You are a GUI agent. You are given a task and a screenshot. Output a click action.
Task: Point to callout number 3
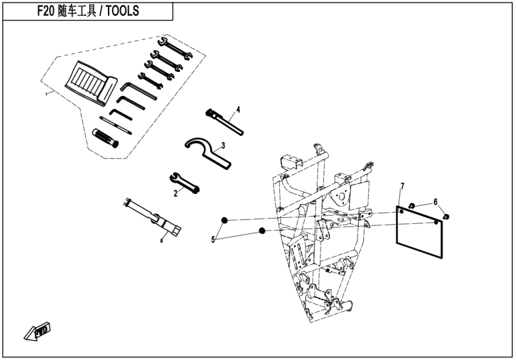pyautogui.click(x=223, y=145)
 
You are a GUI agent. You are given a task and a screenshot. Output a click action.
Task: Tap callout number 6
pyautogui.click(x=435, y=201)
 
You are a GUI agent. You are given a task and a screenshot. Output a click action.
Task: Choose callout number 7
pyautogui.click(x=402, y=185)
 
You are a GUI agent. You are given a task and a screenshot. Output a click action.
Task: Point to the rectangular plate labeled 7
pyautogui.click(x=419, y=231)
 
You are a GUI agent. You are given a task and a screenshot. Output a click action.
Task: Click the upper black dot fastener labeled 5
pyautogui.click(x=226, y=221)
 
